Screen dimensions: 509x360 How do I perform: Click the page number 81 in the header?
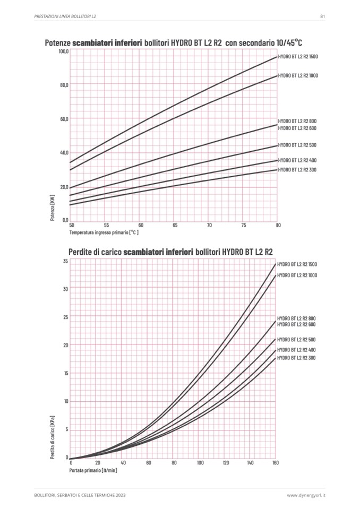coord(322,16)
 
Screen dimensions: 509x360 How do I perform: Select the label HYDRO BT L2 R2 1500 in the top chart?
coord(298,56)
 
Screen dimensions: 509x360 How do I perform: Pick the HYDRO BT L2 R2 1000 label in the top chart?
coord(298,76)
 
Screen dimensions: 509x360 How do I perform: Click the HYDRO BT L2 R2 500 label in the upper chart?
coord(297,145)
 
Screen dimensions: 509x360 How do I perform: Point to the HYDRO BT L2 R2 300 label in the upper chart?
coord(297,170)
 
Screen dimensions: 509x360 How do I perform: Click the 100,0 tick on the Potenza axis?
coord(64,51)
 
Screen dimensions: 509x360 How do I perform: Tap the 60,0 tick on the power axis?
coord(64,119)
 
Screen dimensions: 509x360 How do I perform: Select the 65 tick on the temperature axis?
coord(175,226)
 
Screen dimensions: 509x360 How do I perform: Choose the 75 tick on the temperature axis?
coord(244,226)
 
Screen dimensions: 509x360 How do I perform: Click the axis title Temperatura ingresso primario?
coord(103,232)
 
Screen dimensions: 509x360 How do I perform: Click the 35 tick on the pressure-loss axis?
coord(65,261)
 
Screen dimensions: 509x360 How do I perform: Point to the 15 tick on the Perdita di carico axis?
coord(65,373)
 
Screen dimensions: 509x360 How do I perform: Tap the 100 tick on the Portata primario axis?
coord(200,463)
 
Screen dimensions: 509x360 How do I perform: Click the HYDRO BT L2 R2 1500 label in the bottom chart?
coord(297,264)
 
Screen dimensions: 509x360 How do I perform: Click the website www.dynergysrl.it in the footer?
coord(306,495)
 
